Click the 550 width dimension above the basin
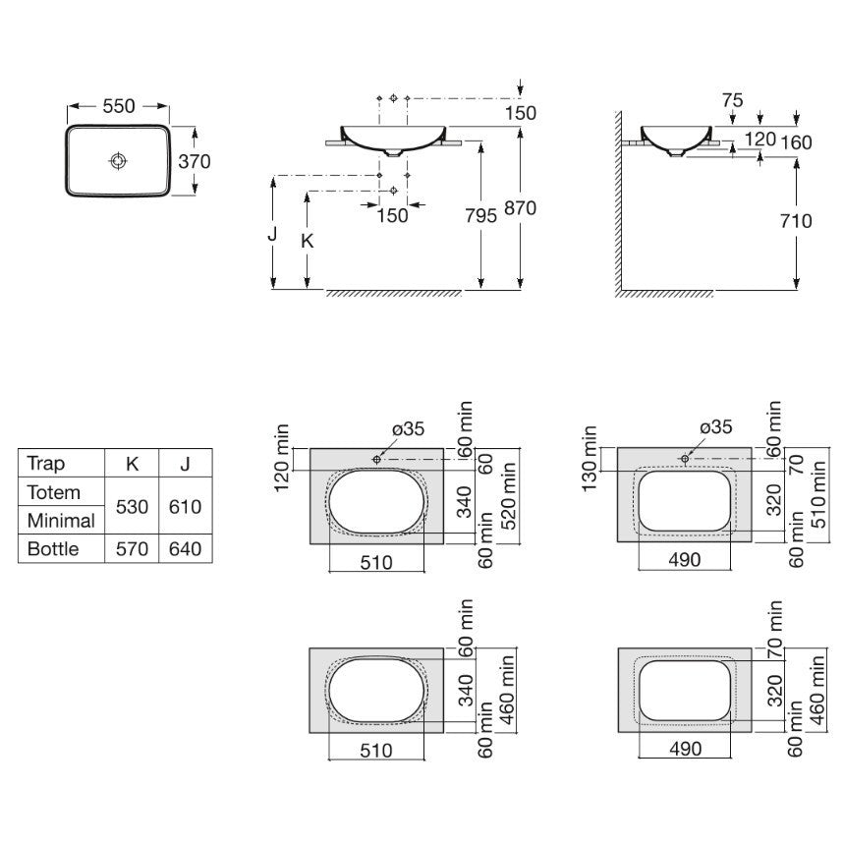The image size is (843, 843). pyautogui.click(x=118, y=106)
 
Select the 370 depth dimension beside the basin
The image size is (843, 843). pyautogui.click(x=194, y=160)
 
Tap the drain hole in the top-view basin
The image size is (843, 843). pyautogui.click(x=118, y=160)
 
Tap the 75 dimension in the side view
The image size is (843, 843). pyautogui.click(x=731, y=101)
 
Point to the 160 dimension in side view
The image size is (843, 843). pyautogui.click(x=796, y=142)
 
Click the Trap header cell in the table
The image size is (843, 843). pyautogui.click(x=45, y=464)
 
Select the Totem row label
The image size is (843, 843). pyautogui.click(x=54, y=492)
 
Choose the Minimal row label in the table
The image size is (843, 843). pyautogui.click(x=61, y=521)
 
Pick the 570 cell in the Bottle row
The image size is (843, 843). pyautogui.click(x=131, y=548)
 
